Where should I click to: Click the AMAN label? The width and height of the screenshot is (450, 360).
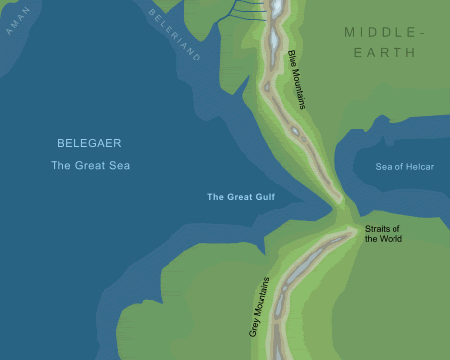19,20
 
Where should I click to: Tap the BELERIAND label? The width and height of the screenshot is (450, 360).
173,36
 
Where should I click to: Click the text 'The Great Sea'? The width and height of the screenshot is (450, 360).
89,165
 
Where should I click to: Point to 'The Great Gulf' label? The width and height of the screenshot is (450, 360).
240,198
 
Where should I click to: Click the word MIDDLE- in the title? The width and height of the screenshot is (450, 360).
385,33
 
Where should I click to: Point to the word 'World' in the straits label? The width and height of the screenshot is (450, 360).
392,239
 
